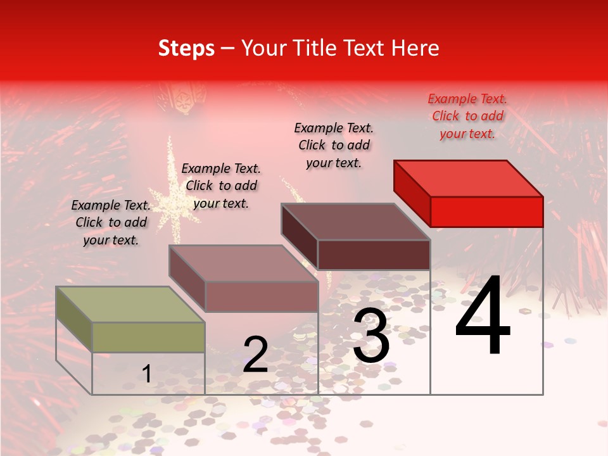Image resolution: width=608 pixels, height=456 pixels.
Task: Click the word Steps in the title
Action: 186,48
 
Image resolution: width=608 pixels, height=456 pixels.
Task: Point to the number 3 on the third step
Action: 371,336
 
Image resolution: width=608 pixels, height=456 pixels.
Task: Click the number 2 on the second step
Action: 255,355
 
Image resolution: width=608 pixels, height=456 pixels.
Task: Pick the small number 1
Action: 147,374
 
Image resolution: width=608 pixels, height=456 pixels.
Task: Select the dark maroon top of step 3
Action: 355,222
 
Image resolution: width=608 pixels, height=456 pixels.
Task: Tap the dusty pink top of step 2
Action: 243,263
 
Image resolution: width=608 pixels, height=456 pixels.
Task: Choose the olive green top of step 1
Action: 130,305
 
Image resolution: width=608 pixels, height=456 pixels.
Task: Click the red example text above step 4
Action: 467,116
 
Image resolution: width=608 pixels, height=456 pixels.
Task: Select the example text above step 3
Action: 334,145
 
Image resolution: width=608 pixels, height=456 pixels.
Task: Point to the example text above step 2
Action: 221,186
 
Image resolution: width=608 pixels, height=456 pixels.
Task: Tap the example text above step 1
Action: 111,222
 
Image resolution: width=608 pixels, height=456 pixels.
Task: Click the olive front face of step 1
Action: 148,337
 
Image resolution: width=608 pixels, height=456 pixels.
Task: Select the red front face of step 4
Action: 486,212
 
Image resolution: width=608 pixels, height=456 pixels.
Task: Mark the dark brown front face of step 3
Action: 374,255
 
